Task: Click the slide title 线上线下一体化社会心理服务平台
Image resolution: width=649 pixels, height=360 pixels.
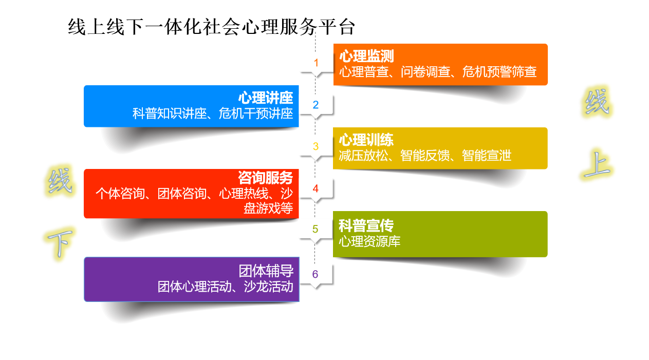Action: pos(211,27)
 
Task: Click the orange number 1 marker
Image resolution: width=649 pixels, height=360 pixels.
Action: pos(316,63)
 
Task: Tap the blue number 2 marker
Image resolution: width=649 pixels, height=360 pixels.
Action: pos(316,105)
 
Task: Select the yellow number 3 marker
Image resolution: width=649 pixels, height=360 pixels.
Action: pos(316,147)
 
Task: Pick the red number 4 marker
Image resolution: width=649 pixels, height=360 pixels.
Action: pos(316,189)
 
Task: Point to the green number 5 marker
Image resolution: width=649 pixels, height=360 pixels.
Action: pos(316,229)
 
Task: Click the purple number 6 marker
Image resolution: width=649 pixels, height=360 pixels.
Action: pos(316,274)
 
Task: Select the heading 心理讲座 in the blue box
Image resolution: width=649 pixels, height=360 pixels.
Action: pos(265,98)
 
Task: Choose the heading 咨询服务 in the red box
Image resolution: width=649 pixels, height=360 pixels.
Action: pos(265,178)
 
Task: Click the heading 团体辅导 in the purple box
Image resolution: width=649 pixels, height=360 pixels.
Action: pos(266,271)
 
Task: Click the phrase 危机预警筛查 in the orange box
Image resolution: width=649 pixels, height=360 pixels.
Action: pos(499,72)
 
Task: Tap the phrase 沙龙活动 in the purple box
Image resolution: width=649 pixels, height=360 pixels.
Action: pos(268,287)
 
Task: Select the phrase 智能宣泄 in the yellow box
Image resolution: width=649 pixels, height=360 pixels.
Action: pos(487,156)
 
